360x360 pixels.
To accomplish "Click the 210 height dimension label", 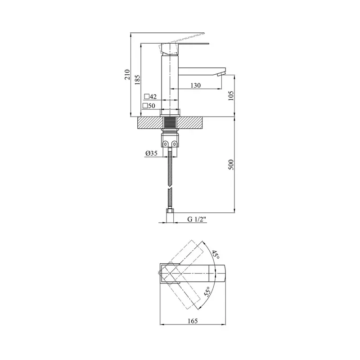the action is (127, 74).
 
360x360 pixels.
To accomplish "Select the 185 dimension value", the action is (137, 80).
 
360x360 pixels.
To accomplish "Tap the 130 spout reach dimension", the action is (196, 85).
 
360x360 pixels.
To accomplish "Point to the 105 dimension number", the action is (231, 96).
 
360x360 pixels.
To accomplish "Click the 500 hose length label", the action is (231, 165).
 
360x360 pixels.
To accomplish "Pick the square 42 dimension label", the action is (150, 97).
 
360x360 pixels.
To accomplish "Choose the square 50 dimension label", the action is (149, 106).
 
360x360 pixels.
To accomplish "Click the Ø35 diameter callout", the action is (151, 153).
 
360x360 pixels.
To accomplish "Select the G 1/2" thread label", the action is (197, 219).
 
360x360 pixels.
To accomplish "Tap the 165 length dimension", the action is (193, 321).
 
